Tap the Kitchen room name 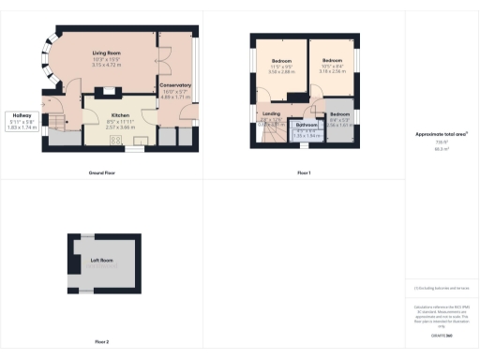(x=119, y=113)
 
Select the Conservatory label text (x=175, y=84)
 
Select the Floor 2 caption (x=101, y=342)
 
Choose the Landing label (x=271, y=115)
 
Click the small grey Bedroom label (x=339, y=114)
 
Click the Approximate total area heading (x=441, y=134)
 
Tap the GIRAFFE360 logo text (x=441, y=335)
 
